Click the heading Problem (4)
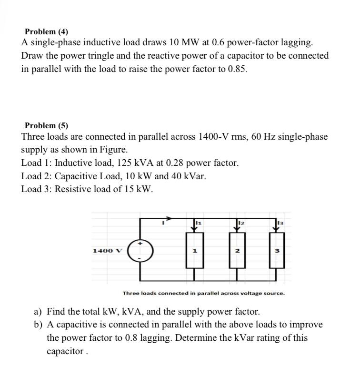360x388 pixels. click(x=46, y=32)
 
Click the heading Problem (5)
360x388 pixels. click(x=46, y=126)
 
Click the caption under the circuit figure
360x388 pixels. click(x=204, y=293)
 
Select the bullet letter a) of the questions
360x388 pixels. click(x=38, y=312)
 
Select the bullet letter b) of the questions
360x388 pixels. click(x=38, y=325)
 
